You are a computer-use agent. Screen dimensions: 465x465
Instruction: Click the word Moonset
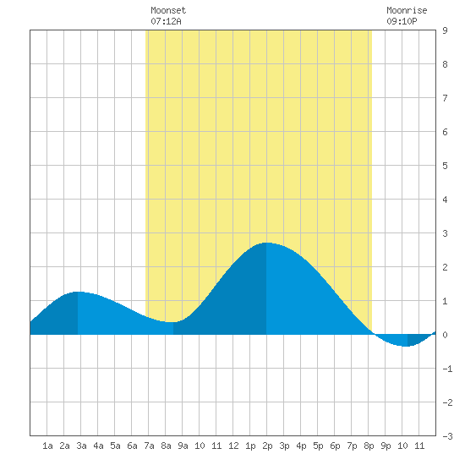coord(168,10)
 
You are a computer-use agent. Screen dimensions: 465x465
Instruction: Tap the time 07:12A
coord(166,21)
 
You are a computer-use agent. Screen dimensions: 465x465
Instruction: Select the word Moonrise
coord(407,10)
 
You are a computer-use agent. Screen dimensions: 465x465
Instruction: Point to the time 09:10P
coord(402,21)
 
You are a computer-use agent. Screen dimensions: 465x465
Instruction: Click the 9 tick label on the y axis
coord(445,30)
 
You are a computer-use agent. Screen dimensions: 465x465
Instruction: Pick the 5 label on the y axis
coord(445,166)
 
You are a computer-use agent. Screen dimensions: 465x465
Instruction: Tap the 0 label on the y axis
coord(445,335)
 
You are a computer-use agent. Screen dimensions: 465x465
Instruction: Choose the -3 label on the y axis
coord(447,436)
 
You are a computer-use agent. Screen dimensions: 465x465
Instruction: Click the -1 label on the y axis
coord(447,369)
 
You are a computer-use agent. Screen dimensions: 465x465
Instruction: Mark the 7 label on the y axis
coord(445,98)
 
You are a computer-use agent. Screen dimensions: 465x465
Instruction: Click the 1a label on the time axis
coord(47,446)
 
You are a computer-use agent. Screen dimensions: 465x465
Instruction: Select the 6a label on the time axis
coord(132,446)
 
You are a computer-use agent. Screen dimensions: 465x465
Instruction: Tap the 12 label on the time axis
coord(233,446)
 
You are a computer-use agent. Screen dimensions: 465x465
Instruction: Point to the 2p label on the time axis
coord(267,446)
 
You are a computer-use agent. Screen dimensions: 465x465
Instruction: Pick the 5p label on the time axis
coord(318,446)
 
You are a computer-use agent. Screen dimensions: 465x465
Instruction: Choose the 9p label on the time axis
coord(386,446)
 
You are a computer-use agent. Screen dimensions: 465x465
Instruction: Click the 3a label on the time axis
coord(81,446)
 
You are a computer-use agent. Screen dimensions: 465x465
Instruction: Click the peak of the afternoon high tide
coord(266,243)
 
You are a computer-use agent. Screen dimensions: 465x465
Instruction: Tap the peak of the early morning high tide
coord(78,292)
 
